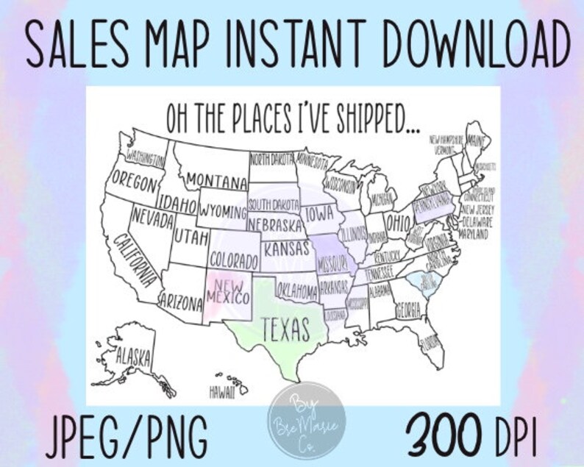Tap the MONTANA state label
pyautogui.click(x=216, y=180)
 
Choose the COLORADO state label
pyautogui.click(x=233, y=261)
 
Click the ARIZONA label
pyautogui.click(x=180, y=301)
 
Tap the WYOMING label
pyautogui.click(x=222, y=211)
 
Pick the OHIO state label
pyautogui.click(x=399, y=221)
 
